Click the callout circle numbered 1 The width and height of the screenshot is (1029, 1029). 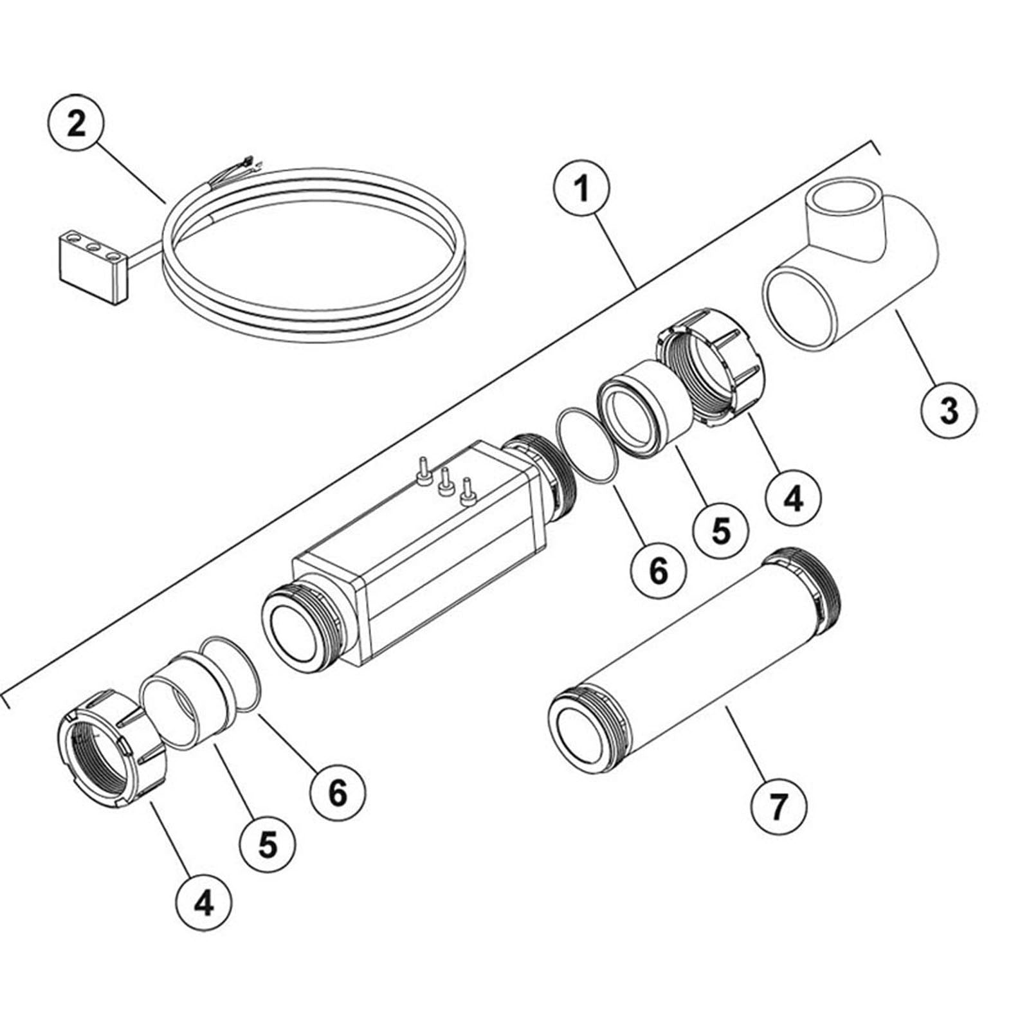582,190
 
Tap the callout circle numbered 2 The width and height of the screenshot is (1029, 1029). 76,123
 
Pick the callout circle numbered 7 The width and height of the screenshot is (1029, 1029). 778,806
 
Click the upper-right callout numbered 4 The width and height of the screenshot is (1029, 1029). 795,497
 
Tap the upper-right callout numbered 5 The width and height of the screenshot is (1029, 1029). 720,531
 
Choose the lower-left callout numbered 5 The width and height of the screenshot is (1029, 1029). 268,842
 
